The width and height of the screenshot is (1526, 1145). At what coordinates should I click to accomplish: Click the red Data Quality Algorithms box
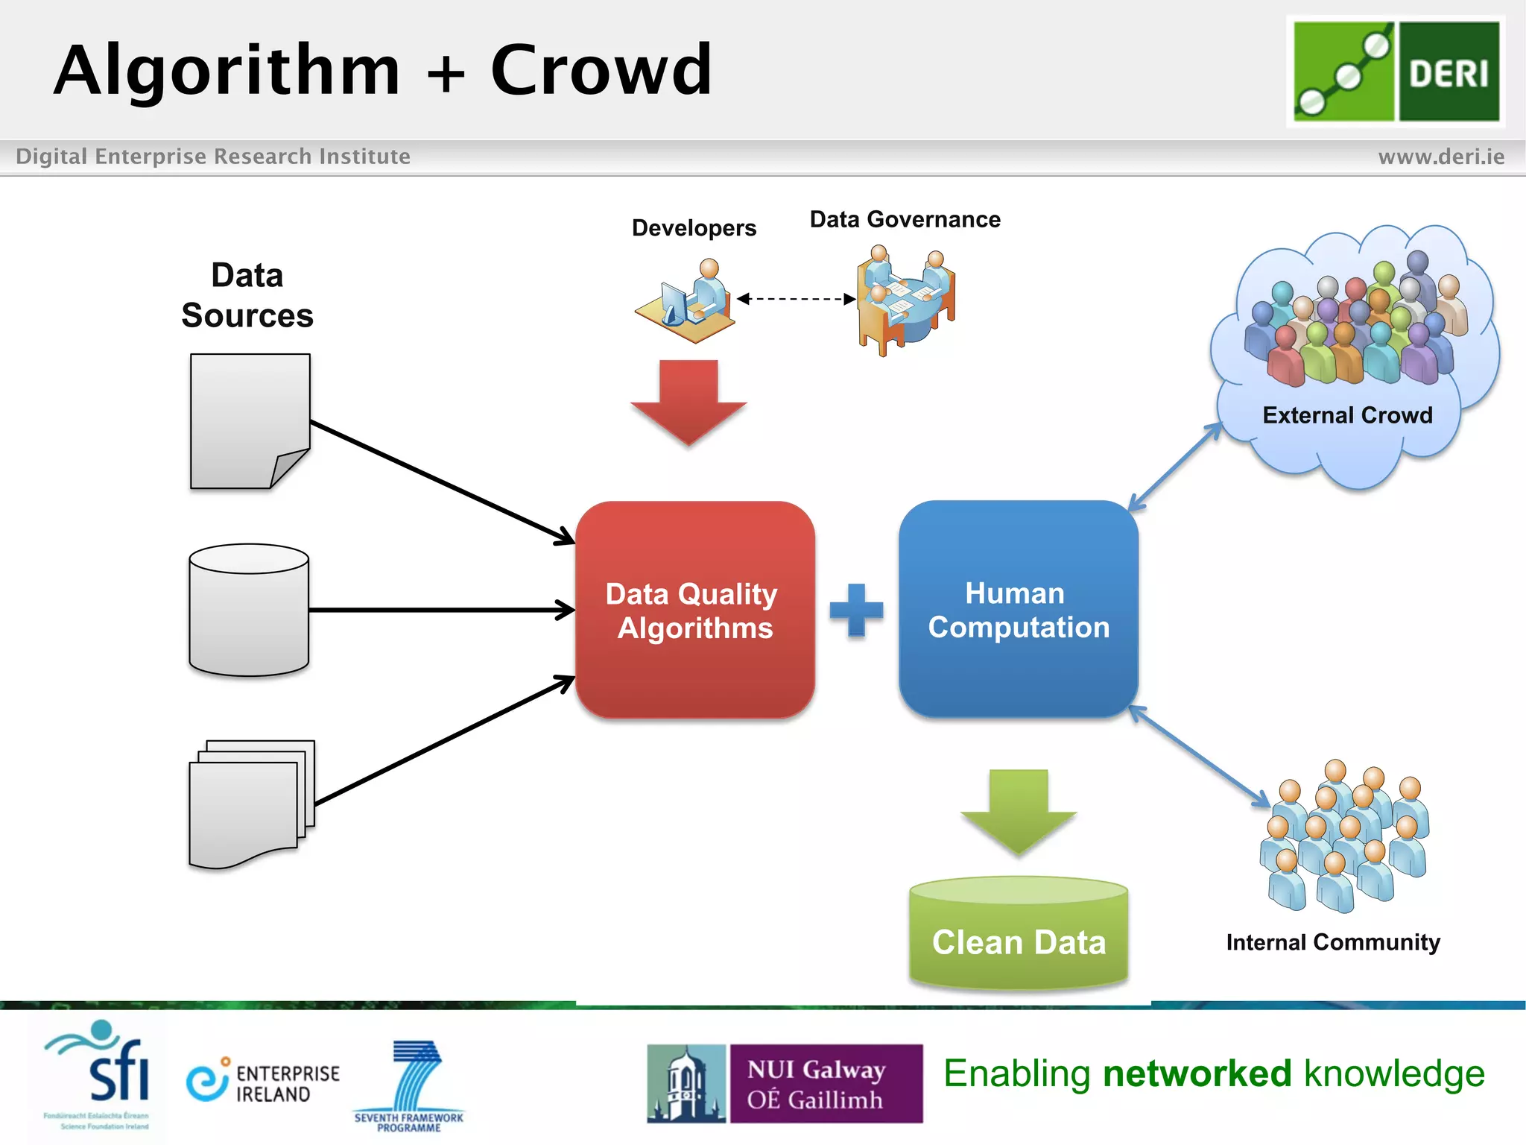[694, 610]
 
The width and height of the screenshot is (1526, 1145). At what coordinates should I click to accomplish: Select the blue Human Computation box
[1018, 610]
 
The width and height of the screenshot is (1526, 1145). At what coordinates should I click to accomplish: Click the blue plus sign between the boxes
[856, 611]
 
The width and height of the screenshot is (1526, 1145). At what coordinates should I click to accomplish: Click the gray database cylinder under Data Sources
[249, 610]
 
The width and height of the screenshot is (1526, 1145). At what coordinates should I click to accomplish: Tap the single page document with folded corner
[249, 421]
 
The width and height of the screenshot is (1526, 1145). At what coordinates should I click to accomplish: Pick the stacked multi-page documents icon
[250, 804]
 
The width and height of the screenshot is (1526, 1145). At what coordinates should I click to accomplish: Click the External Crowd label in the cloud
[1347, 415]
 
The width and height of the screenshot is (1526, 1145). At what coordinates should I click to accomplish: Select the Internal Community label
[1332, 942]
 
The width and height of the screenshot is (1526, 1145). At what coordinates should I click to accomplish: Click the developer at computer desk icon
[687, 302]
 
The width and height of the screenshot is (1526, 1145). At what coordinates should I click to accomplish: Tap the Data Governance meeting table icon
[905, 300]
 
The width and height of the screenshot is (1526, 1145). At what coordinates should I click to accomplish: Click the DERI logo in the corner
[1396, 72]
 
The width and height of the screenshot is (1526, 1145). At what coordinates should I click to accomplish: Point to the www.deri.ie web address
[1440, 157]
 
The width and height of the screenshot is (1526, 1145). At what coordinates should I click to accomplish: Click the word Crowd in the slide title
[601, 70]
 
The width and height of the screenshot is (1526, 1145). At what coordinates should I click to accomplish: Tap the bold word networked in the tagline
[1197, 1073]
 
